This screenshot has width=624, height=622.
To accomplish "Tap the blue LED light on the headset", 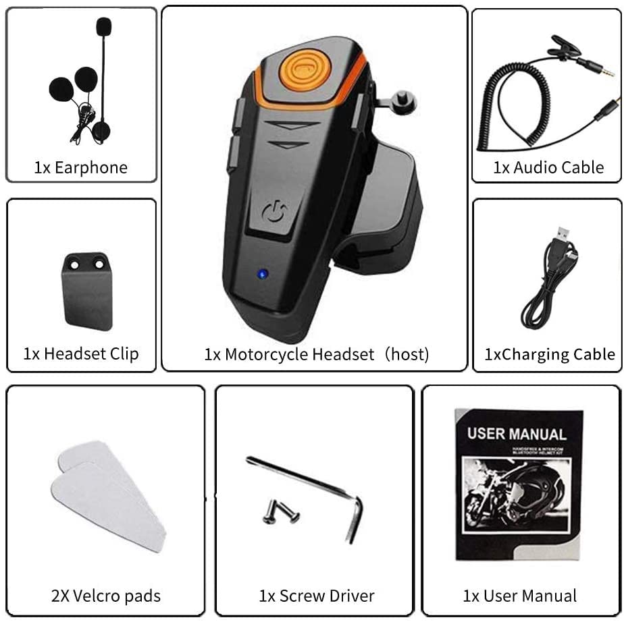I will click(x=261, y=274).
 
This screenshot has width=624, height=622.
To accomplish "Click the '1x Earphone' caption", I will click(x=81, y=167).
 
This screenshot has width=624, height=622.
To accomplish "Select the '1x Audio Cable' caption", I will click(x=548, y=167).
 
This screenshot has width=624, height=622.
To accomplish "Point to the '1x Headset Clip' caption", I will click(x=81, y=354).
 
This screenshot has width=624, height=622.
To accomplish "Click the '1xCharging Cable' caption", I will click(x=550, y=354).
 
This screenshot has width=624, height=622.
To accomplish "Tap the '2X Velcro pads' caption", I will click(x=106, y=596).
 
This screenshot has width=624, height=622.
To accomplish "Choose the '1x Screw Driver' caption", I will click(x=316, y=596).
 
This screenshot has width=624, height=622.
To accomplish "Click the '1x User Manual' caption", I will click(x=519, y=596).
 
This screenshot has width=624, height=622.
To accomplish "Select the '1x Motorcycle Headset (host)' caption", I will click(x=316, y=354).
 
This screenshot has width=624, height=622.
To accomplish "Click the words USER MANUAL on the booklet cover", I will click(x=517, y=433).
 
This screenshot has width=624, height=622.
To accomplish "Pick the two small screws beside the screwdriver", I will click(x=280, y=512).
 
